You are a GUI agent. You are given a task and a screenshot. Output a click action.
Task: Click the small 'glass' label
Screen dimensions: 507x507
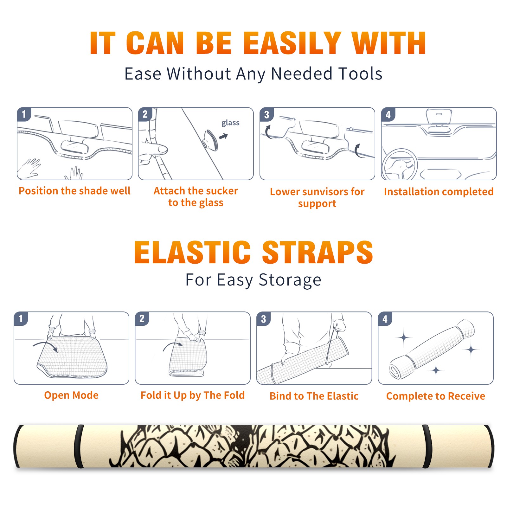tap(230, 123)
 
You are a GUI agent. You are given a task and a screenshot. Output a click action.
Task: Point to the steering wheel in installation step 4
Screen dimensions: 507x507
tap(400, 164)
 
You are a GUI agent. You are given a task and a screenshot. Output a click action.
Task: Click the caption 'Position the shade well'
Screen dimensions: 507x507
tap(74, 191)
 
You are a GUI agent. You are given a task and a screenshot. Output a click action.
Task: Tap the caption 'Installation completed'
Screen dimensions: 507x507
tap(439, 191)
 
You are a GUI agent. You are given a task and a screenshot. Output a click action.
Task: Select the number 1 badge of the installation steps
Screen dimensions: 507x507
tap(24, 114)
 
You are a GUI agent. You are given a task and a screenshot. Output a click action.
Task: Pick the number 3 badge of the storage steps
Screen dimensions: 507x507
tap(264, 319)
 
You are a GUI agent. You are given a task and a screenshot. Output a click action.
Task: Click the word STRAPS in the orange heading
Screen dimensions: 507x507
tap(318, 252)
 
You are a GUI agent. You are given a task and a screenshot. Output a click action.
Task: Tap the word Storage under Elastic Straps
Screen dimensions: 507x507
tap(290, 280)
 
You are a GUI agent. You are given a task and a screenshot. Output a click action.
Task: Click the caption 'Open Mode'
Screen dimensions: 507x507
tap(71, 395)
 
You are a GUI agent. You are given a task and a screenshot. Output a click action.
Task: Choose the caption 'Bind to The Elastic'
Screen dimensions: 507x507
tap(314, 396)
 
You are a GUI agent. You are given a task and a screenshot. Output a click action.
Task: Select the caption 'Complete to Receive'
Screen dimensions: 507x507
tap(436, 396)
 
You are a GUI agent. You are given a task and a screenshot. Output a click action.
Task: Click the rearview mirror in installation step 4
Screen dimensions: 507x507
tap(439, 116)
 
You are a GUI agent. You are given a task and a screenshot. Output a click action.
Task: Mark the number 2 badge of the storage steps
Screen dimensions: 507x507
tap(142, 319)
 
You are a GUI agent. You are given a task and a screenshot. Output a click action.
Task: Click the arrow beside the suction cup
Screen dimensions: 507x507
tap(223, 136)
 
